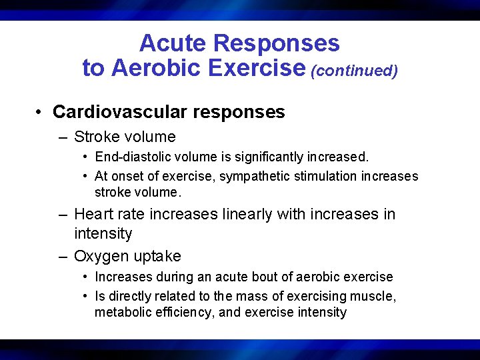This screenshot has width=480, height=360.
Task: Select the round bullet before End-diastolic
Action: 86,158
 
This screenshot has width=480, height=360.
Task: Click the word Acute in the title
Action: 174,44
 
